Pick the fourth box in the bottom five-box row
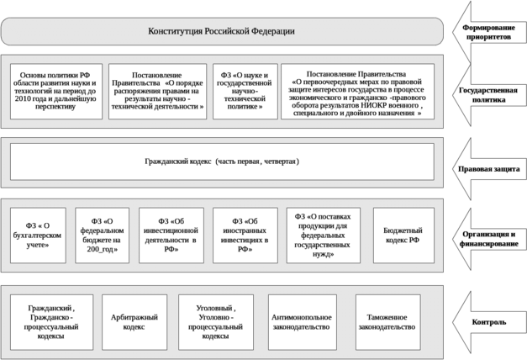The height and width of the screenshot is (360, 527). point(299,319)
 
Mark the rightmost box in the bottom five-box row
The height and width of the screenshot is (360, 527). point(386,319)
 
